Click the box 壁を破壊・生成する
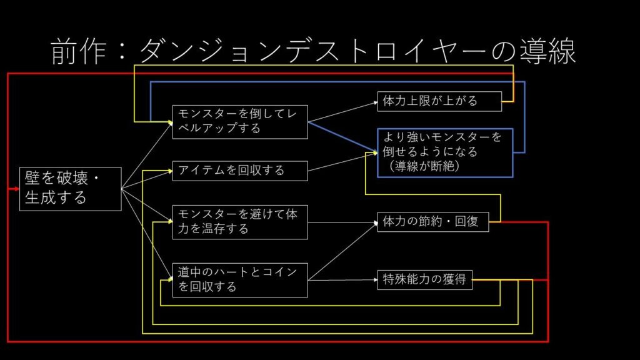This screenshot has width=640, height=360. click(70, 189)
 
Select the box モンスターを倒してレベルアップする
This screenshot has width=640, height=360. click(240, 121)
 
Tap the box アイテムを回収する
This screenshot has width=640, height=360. click(240, 171)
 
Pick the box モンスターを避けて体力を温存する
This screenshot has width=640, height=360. click(240, 222)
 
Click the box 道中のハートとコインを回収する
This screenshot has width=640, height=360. click(240, 279)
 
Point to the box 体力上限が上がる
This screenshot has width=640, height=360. click(439, 101)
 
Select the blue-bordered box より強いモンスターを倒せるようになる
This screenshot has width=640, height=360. click(444, 152)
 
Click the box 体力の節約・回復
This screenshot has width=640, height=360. click(432, 221)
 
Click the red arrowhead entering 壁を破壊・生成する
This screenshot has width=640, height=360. click(17, 188)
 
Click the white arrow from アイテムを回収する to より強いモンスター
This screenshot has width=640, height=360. click(341, 161)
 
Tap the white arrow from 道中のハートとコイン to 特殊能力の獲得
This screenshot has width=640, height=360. click(342, 280)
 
